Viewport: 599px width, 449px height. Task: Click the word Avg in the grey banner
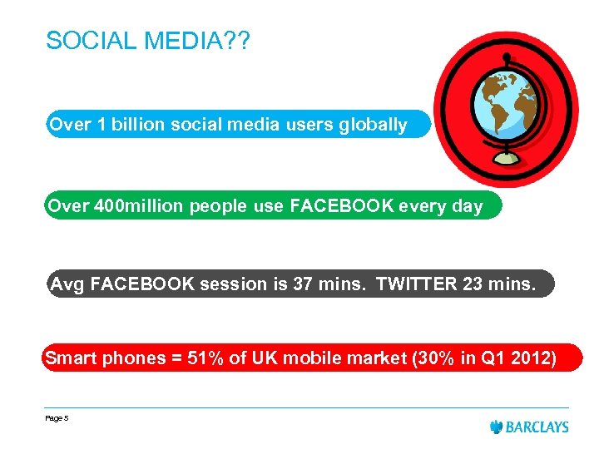tap(68, 284)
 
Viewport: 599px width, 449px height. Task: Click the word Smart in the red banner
tap(71, 359)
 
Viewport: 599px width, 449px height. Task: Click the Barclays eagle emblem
tap(497, 427)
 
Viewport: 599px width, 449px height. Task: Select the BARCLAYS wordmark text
tap(538, 427)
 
